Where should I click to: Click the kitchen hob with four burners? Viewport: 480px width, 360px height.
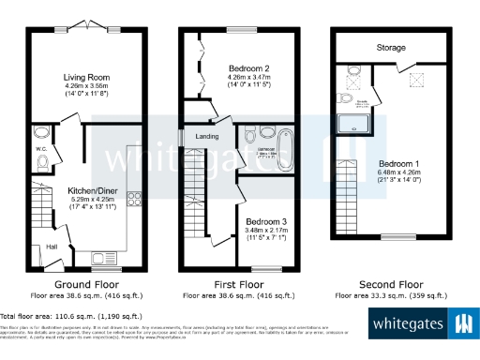click(132, 198)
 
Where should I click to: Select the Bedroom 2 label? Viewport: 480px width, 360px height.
click(248, 68)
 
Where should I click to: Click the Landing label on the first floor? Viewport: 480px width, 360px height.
click(207, 136)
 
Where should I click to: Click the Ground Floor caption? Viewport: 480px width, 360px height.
click(84, 282)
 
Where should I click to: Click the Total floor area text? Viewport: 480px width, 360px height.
click(71, 317)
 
